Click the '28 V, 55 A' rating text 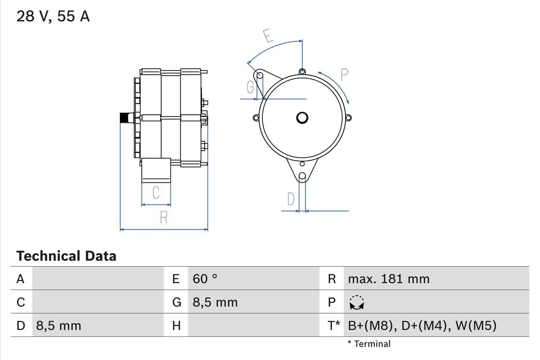(53, 16)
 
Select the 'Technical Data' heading (66, 256)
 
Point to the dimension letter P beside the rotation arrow (344, 75)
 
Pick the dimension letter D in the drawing (291, 199)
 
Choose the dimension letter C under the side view (156, 193)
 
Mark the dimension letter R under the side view (164, 217)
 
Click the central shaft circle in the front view (302, 118)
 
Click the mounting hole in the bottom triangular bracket (302, 176)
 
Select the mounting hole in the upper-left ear (260, 76)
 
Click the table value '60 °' (205, 279)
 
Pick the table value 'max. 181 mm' (389, 279)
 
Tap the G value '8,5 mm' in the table (215, 302)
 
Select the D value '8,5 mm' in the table (59, 325)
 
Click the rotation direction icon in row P (357, 302)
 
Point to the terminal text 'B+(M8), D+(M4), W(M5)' (422, 325)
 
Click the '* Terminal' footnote (369, 344)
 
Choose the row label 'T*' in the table (334, 325)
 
